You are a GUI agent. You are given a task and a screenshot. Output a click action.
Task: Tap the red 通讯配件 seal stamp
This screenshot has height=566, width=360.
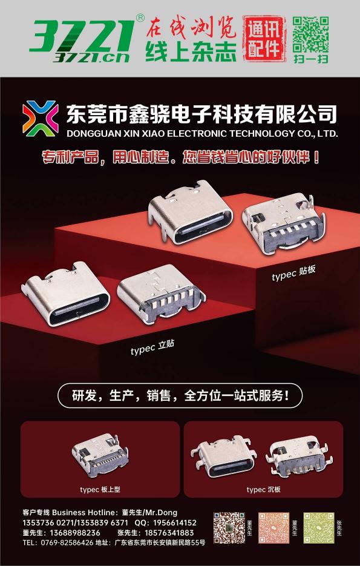tap(264, 38)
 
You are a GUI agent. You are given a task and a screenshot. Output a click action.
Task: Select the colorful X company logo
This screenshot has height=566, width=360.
tap(40, 118)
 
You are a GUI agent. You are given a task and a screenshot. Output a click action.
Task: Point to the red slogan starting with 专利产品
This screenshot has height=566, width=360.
tap(181, 157)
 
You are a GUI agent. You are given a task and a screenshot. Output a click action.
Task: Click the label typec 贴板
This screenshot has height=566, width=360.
tap(293, 273)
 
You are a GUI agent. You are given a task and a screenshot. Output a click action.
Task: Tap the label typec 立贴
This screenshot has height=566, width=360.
tap(152, 347)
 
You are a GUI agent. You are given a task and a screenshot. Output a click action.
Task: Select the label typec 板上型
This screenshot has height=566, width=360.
tap(100, 490)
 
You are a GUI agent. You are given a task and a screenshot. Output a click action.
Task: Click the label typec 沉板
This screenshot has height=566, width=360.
tap(263, 490)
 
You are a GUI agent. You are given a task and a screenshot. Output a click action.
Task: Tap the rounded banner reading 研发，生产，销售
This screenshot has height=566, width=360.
tap(180, 396)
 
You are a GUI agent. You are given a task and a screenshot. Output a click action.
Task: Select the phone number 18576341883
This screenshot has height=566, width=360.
tap(169, 533)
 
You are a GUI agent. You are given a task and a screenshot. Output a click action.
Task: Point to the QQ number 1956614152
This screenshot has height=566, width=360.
tap(175, 522)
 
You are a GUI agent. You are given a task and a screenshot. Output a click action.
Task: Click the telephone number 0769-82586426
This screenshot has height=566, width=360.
tap(64, 542)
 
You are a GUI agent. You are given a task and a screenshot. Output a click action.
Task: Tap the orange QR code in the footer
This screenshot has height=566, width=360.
tap(274, 527)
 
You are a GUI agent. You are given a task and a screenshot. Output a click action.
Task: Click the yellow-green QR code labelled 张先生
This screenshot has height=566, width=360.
tap(319, 527)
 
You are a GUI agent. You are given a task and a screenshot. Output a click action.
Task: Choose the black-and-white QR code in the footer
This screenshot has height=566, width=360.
tap(229, 527)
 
